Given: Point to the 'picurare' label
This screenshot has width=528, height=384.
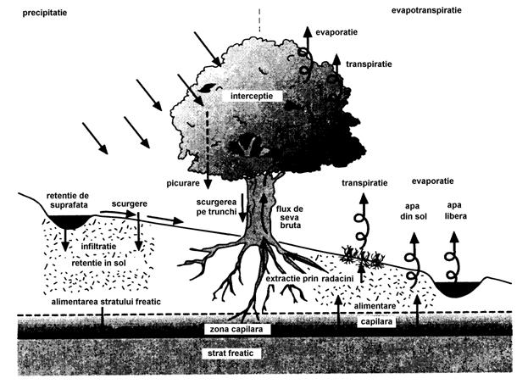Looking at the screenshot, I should [x=183, y=182].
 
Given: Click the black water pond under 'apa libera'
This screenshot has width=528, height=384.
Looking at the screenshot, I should [x=459, y=288].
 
